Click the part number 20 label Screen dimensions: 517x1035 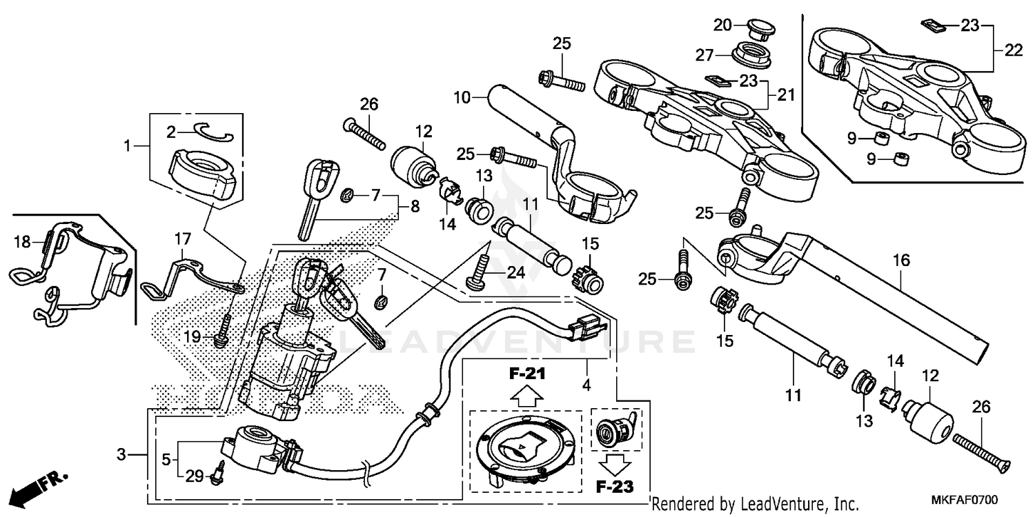[x=722, y=26]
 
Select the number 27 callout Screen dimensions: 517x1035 [x=722, y=54]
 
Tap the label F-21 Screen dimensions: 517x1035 [x=527, y=374]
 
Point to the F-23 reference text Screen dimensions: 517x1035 [x=614, y=487]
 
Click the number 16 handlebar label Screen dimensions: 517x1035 [x=901, y=261]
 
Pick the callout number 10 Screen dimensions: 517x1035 [x=461, y=97]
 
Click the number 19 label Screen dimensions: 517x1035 [x=192, y=336]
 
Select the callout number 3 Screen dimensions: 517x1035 [x=121, y=455]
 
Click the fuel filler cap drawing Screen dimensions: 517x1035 [x=526, y=449]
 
